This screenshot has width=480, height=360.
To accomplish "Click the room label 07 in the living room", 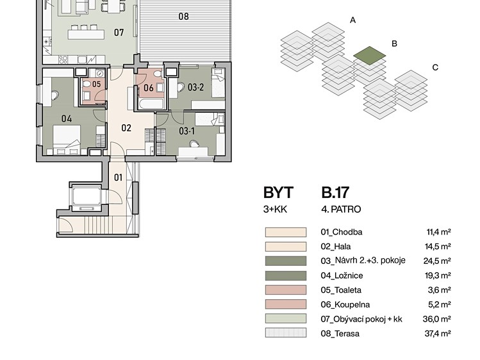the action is (119, 32).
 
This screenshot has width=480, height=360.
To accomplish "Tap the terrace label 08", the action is (184, 16).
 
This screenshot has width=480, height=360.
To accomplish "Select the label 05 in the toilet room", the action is (96, 84).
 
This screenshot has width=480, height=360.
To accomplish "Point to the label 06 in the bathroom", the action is (149, 88).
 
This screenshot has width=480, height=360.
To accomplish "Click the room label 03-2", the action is (195, 88).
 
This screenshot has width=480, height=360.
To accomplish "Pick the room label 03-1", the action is (186, 131).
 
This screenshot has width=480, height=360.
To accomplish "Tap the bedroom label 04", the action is (67, 119).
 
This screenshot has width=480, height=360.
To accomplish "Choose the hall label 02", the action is (126, 128).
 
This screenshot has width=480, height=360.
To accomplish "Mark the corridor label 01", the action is (118, 177).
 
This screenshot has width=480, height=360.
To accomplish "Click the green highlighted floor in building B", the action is (370, 56).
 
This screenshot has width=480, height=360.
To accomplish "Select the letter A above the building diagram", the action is (352, 20).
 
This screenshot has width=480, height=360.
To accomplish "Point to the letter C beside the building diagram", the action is (435, 67).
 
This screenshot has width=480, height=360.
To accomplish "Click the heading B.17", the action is (335, 193).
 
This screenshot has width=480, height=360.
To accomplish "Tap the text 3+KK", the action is (275, 209).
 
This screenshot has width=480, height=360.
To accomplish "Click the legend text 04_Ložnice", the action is (342, 275).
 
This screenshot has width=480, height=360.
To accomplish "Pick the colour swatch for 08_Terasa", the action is (286, 333).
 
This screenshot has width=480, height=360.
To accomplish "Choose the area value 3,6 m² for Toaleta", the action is (439, 290).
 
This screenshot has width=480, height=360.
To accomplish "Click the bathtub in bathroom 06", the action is (151, 104).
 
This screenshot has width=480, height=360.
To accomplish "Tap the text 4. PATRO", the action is (341, 209).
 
